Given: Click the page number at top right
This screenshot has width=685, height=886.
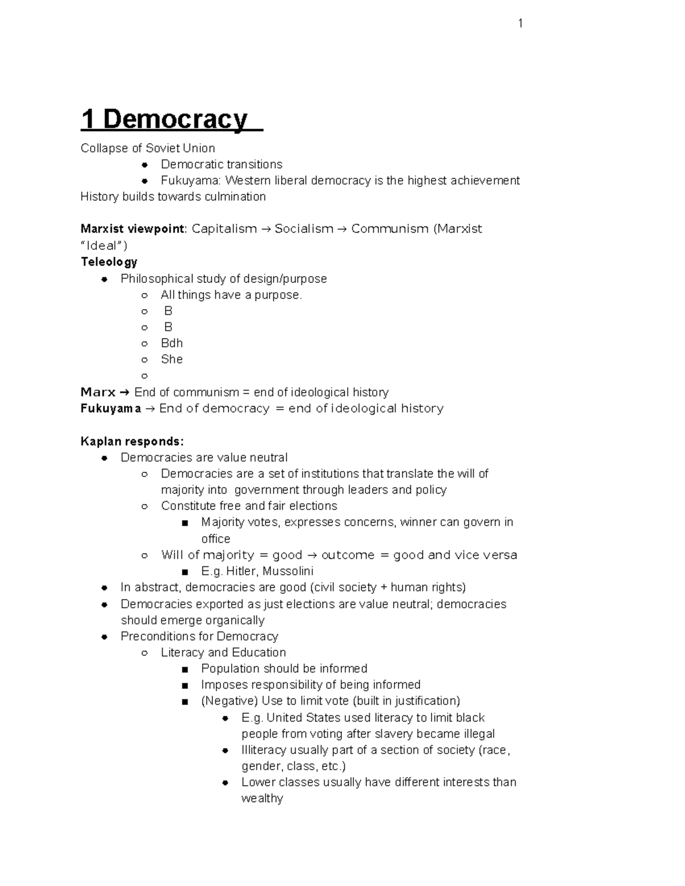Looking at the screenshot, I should point(520,23).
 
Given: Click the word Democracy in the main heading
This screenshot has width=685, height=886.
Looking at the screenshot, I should point(175,119).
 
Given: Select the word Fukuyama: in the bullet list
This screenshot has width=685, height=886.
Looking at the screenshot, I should point(191,181).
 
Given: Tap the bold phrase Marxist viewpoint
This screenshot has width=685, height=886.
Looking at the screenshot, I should point(133,229).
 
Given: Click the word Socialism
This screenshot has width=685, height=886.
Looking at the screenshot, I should point(304,229).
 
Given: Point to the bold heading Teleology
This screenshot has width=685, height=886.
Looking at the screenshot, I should point(109,262).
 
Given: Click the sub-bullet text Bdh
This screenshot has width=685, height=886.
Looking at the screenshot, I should point(172,343).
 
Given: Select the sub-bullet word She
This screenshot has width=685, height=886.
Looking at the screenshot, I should point(172,359).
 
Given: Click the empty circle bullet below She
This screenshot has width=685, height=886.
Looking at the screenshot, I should point(144,376).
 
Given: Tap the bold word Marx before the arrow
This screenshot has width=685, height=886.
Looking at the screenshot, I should point(98,393).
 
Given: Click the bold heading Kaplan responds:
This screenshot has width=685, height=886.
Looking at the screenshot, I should point(132,442).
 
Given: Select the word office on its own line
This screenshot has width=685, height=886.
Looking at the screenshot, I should point(216,539).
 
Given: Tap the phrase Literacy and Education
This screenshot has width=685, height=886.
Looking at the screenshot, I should point(223,653).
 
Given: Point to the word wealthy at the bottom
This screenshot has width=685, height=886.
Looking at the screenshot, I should point(262,799).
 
